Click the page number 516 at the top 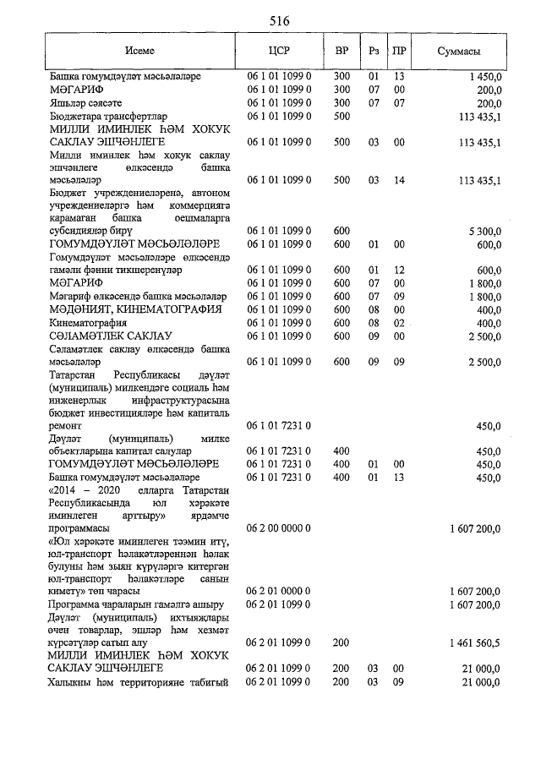coord(279,20)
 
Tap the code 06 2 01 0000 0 coord(279,589)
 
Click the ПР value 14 coord(399,180)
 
